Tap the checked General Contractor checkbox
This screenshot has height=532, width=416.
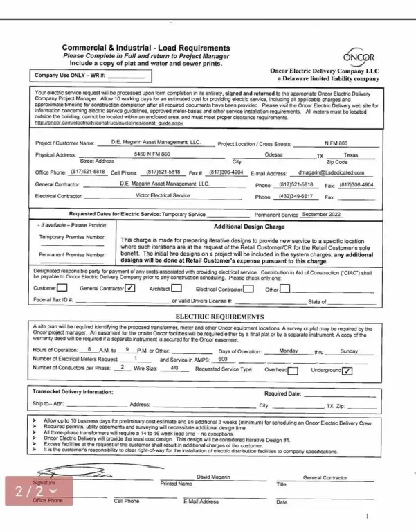[x=129, y=288]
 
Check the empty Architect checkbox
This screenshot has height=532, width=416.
[x=176, y=288]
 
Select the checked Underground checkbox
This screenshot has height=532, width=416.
[x=347, y=371]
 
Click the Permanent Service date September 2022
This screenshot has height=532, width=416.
[x=322, y=215]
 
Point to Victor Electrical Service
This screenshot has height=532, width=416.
[x=163, y=195]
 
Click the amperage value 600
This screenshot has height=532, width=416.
[x=222, y=359]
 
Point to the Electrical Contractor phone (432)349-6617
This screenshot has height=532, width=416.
[x=296, y=196]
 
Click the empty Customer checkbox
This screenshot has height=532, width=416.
[x=62, y=288]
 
